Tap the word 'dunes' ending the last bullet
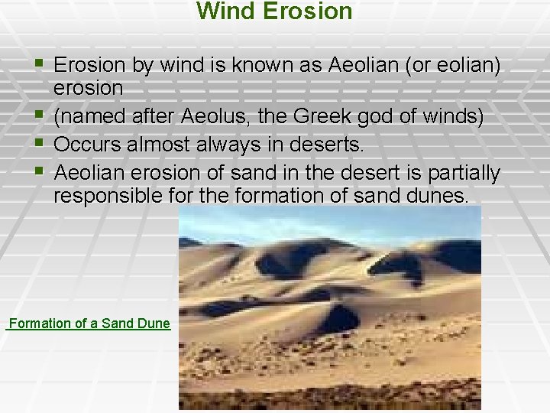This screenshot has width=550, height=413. (439, 197)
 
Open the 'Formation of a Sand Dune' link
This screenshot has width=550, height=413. (89, 324)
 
